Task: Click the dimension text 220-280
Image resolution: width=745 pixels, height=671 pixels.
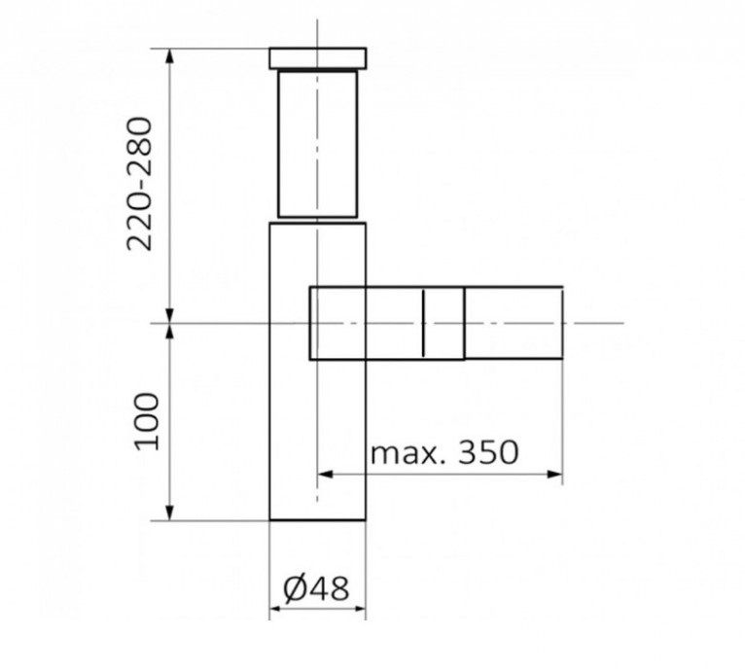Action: pos(140,184)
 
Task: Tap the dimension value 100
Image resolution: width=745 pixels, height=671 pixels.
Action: pos(147,421)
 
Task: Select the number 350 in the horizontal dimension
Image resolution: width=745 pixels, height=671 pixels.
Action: pos(488,452)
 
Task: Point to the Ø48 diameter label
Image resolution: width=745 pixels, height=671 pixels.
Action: pos(316,587)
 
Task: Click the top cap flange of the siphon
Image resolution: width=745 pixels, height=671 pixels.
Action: pos(318,58)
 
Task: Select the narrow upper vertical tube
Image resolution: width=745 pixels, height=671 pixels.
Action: pos(318,144)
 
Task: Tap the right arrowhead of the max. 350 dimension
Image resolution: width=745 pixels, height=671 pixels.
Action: pos(555,474)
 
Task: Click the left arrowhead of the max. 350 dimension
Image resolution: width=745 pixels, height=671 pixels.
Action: pos(325,474)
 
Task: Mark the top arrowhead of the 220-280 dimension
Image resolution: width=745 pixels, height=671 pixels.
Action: pos(169,56)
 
